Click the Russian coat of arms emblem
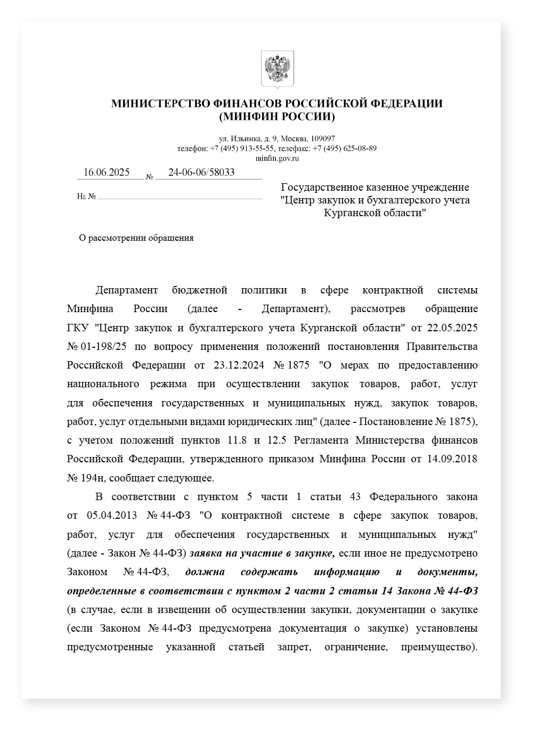[277, 69]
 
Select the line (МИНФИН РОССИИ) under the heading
[276, 117]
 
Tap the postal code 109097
[323, 138]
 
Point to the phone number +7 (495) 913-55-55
[242, 149]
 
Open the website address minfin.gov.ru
[276, 158]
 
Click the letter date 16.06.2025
[107, 173]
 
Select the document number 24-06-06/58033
[201, 173]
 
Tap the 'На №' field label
[86, 197]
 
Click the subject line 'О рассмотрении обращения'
[136, 238]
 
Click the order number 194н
[94, 478]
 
